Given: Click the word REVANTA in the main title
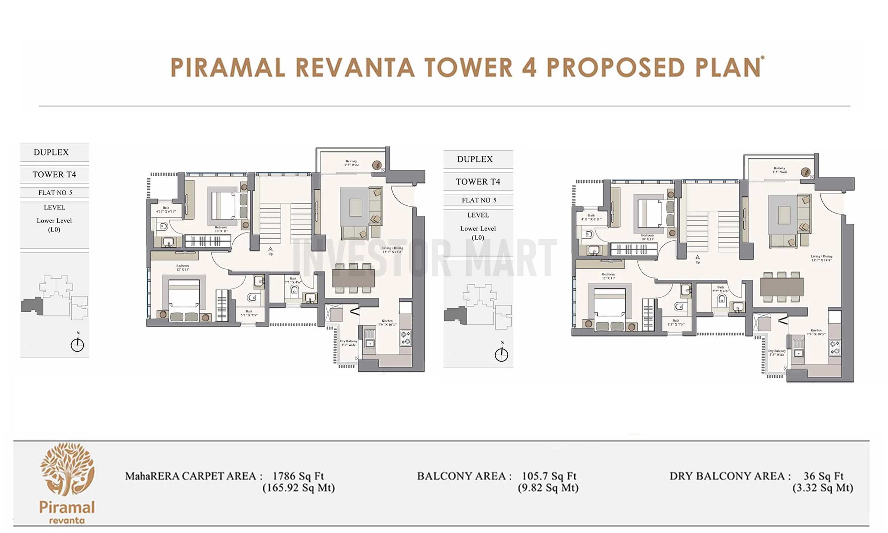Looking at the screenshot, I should (x=355, y=67).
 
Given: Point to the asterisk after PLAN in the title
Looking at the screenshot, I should (x=763, y=58).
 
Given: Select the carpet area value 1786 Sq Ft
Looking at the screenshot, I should (x=298, y=476).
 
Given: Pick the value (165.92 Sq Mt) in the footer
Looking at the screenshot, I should (x=299, y=488).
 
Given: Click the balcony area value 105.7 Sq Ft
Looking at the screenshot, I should (x=549, y=476).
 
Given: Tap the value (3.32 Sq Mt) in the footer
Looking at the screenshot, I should (x=823, y=488).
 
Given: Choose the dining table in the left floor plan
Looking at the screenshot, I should (x=353, y=278).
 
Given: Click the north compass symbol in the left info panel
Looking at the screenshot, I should (x=77, y=344).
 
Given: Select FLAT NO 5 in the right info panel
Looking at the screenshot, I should (x=478, y=200).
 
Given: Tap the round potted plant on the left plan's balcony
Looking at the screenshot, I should (x=377, y=165).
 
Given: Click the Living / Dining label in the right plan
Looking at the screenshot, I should (x=821, y=258).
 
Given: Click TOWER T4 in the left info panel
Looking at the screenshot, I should (x=54, y=174).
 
